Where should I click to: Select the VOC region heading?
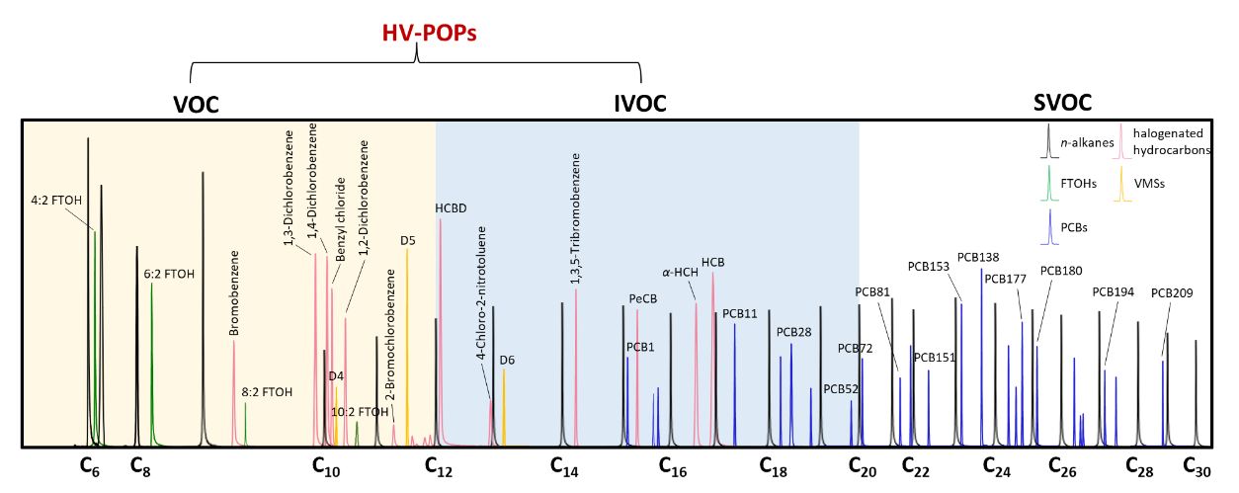(x=195, y=104)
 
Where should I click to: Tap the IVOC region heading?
(x=640, y=104)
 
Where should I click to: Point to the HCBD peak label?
(x=451, y=208)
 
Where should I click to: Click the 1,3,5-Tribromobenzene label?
(x=576, y=219)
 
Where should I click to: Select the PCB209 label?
(x=1172, y=293)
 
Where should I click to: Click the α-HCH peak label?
(x=680, y=272)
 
